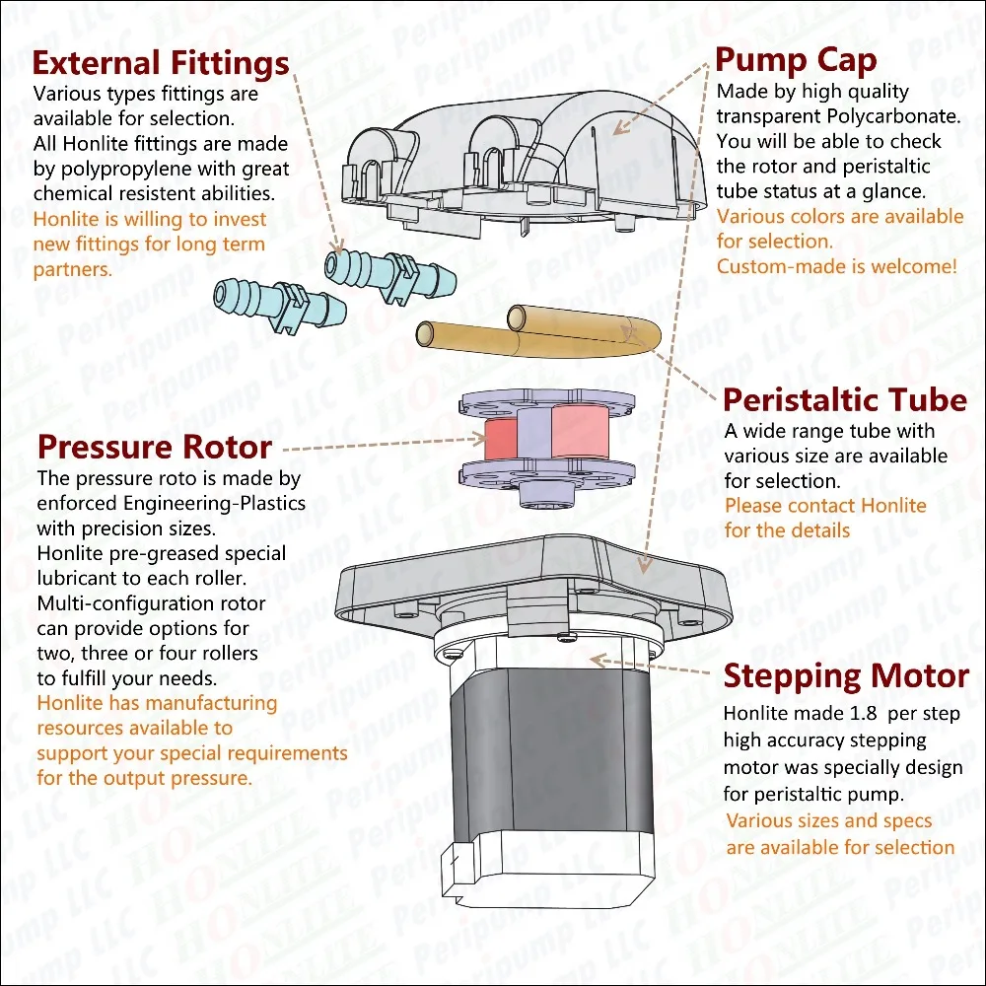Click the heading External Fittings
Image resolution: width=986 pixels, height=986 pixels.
161,64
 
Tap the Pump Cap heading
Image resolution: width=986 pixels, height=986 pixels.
796,60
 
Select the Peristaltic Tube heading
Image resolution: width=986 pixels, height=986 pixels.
845,400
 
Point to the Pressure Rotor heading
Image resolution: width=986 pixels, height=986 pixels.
154,448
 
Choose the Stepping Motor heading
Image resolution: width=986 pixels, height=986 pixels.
846,676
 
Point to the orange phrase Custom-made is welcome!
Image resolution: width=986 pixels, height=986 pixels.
836,266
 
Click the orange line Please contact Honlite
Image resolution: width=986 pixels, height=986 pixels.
825,506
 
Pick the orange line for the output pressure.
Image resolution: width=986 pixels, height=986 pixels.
144,778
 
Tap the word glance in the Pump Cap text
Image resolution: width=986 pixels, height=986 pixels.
892,191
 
